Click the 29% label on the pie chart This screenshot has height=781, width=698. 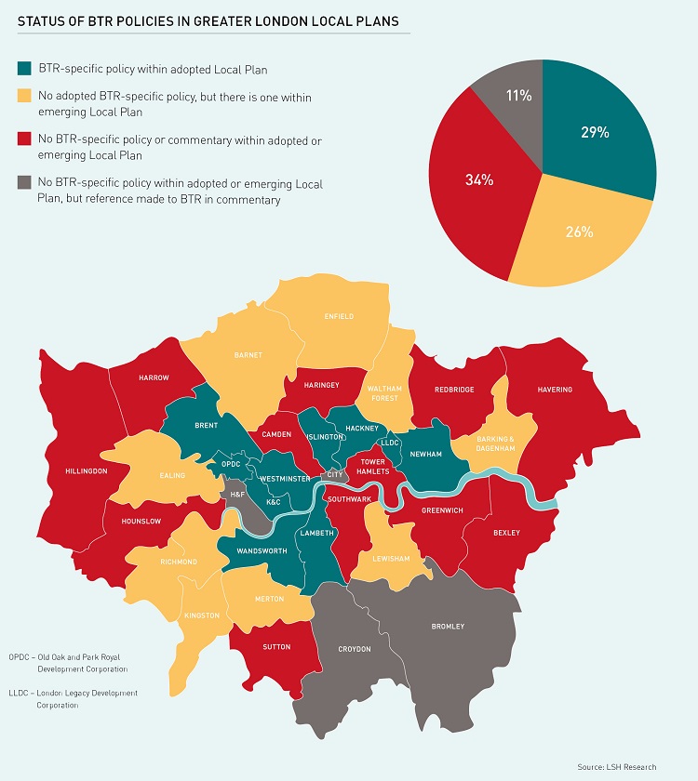[595, 133]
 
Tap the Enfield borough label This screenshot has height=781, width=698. [339, 316]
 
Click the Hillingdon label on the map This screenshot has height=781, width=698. [87, 471]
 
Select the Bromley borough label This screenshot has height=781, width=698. [448, 627]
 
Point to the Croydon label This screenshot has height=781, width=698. [354, 649]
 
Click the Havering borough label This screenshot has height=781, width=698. [554, 389]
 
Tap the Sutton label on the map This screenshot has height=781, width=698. [276, 647]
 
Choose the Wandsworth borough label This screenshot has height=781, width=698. [261, 551]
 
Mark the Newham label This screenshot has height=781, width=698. [427, 454]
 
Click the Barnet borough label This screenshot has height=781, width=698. [248, 354]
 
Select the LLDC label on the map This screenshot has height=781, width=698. [390, 443]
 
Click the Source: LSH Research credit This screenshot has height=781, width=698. [617, 766]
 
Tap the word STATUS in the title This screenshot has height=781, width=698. [42, 18]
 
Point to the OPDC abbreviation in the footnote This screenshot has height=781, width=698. [19, 656]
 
